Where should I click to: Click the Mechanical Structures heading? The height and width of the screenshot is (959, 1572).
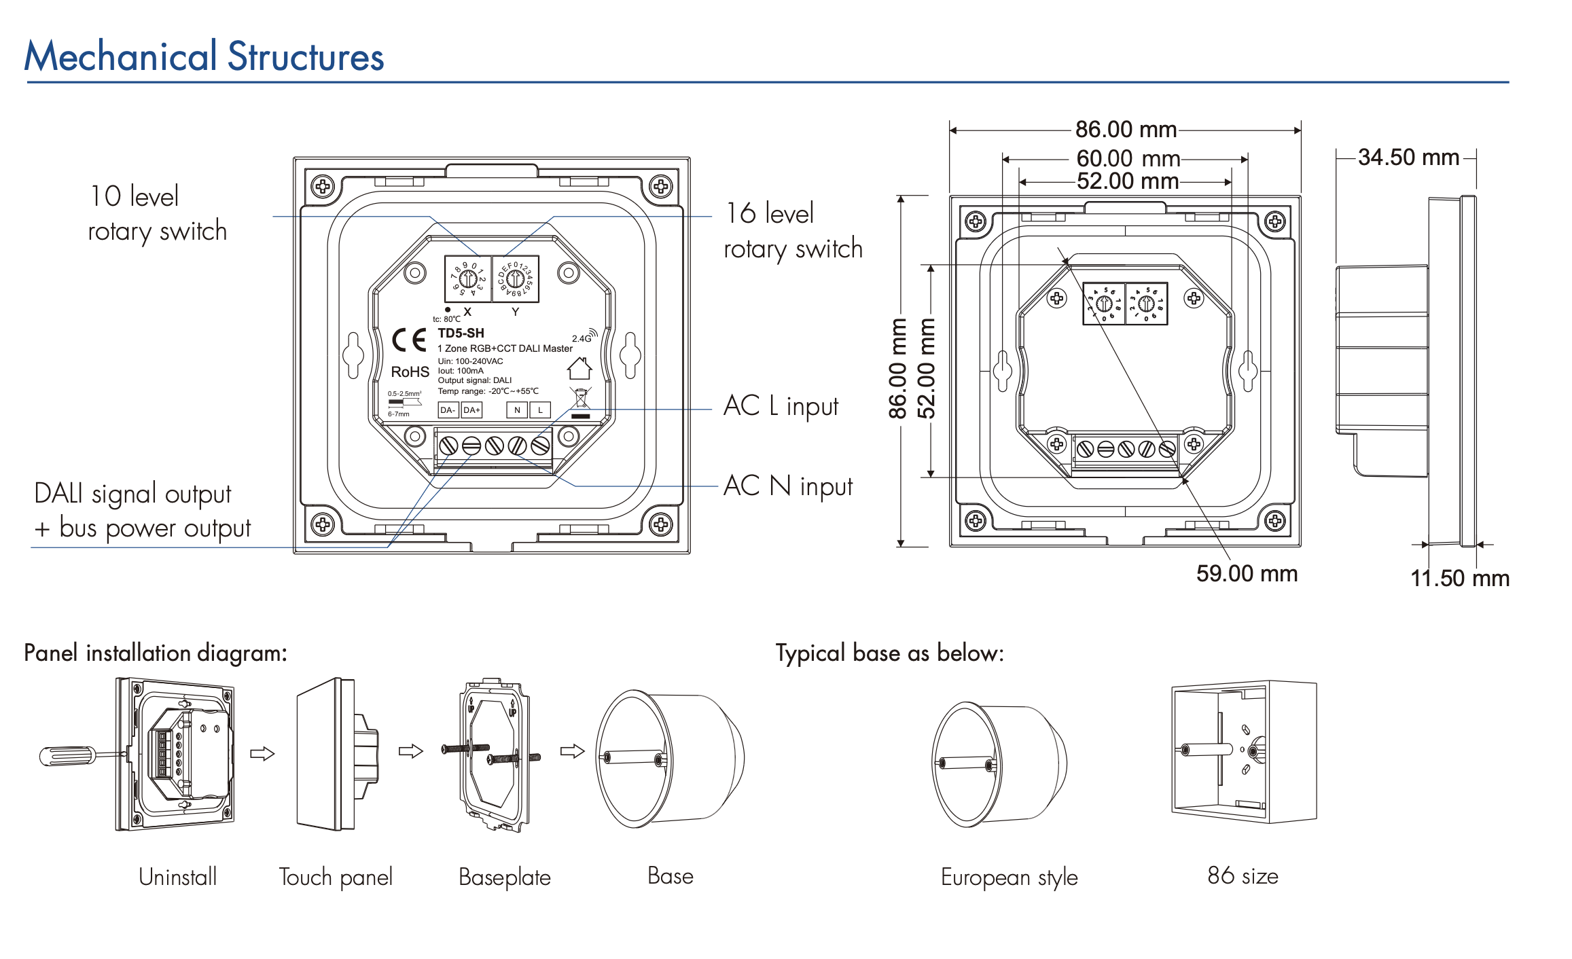(x=204, y=56)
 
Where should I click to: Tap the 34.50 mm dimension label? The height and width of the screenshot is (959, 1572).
(x=1408, y=158)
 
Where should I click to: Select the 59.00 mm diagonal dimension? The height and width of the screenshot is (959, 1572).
(x=1247, y=573)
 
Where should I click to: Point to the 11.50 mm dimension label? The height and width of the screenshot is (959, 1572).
(x=1460, y=578)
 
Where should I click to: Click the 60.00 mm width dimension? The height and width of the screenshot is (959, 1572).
(x=1128, y=159)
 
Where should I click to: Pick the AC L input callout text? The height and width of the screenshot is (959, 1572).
(x=781, y=406)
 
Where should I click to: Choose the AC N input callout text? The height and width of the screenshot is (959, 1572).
(x=788, y=486)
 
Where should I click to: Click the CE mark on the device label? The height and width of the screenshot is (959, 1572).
(x=409, y=340)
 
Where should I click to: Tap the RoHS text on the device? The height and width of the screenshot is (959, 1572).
(x=410, y=372)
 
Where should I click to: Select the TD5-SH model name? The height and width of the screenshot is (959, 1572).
(x=461, y=333)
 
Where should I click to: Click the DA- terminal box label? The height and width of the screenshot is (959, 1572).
(x=448, y=410)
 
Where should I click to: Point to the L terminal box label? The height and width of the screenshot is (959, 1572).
(x=540, y=410)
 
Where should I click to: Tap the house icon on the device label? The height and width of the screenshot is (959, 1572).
(x=579, y=368)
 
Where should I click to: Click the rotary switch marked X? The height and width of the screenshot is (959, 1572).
(x=468, y=278)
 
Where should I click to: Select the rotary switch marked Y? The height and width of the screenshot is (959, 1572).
(x=516, y=278)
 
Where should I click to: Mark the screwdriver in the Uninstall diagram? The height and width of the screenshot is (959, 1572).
(x=75, y=755)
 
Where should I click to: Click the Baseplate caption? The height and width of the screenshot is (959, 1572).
(x=504, y=877)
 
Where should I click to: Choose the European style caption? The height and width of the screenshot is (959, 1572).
(x=1009, y=877)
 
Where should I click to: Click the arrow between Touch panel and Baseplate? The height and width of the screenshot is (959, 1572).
(x=410, y=751)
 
